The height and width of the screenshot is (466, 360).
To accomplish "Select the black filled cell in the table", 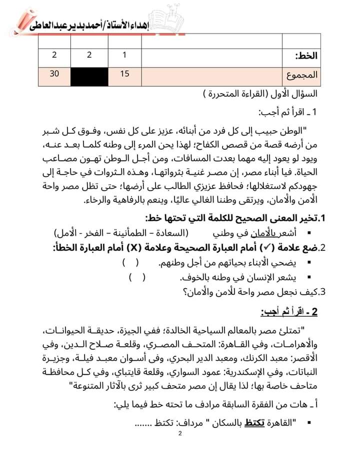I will click(89, 76).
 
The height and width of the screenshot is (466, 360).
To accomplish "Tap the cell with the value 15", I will click(125, 74).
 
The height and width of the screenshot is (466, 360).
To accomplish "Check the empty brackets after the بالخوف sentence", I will click(138, 277).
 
